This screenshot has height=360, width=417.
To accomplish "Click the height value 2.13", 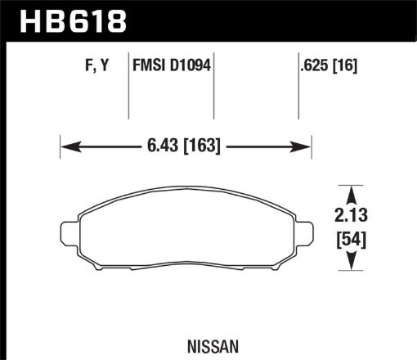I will (x=351, y=216).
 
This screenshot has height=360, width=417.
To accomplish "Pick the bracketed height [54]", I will (x=351, y=240).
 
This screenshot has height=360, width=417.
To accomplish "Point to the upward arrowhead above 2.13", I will (x=351, y=193).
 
